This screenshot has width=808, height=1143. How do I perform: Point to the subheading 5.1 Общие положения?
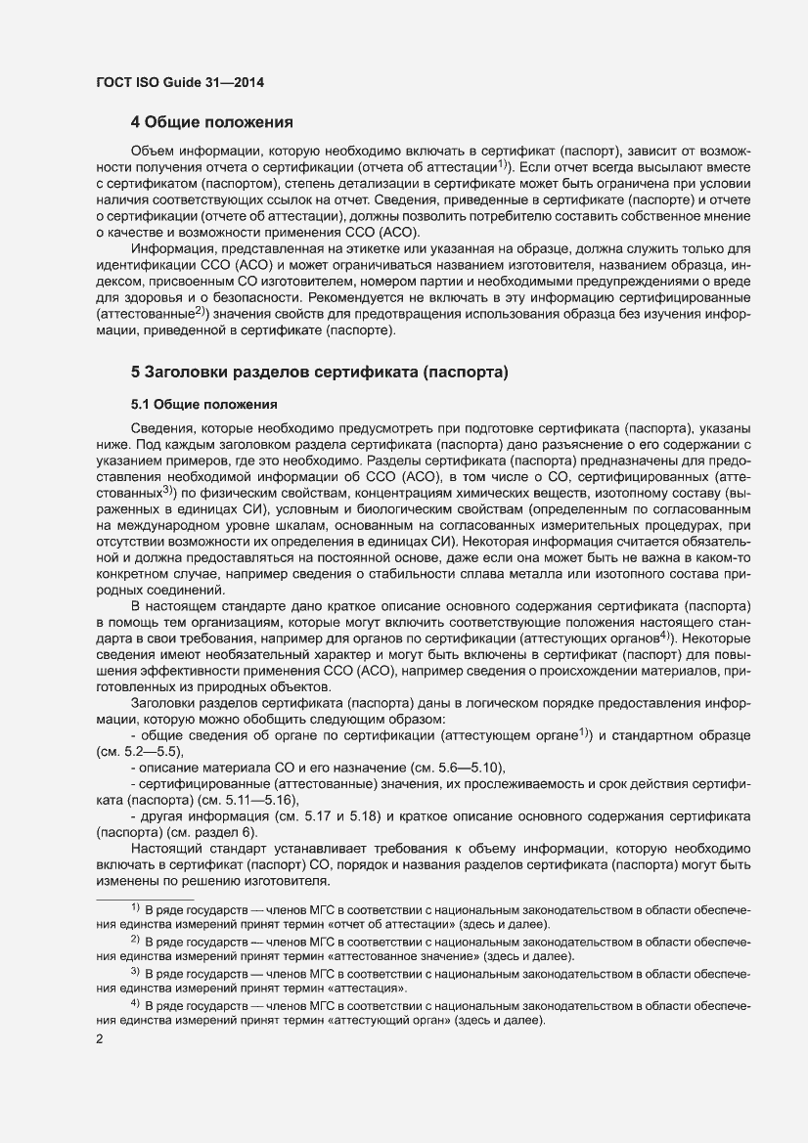tap(204, 404)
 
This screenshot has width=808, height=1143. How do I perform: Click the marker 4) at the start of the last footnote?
tap(136, 1004)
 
